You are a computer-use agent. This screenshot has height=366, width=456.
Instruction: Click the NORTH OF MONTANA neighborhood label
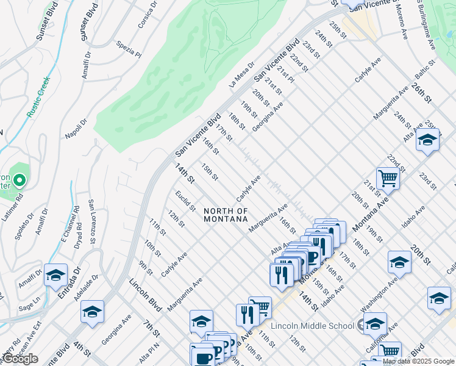pos(226,215)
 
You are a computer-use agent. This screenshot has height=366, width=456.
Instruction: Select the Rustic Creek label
pos(38,96)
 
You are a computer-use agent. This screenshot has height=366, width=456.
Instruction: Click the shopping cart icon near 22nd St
pos(388,179)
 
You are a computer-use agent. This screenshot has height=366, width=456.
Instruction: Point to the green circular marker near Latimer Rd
pos(20,180)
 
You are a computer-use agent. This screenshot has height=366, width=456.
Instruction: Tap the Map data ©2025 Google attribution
pos(418,361)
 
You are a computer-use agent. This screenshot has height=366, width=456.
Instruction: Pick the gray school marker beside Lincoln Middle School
pos(369,324)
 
